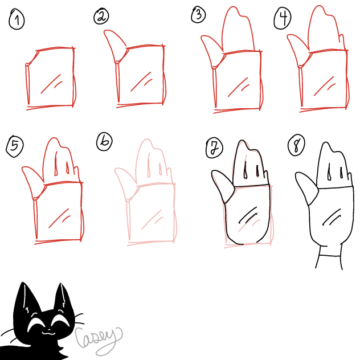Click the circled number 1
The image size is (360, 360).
click(x=17, y=21)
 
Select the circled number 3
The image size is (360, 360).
click(x=198, y=15)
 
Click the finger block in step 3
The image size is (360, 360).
click(x=238, y=32)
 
